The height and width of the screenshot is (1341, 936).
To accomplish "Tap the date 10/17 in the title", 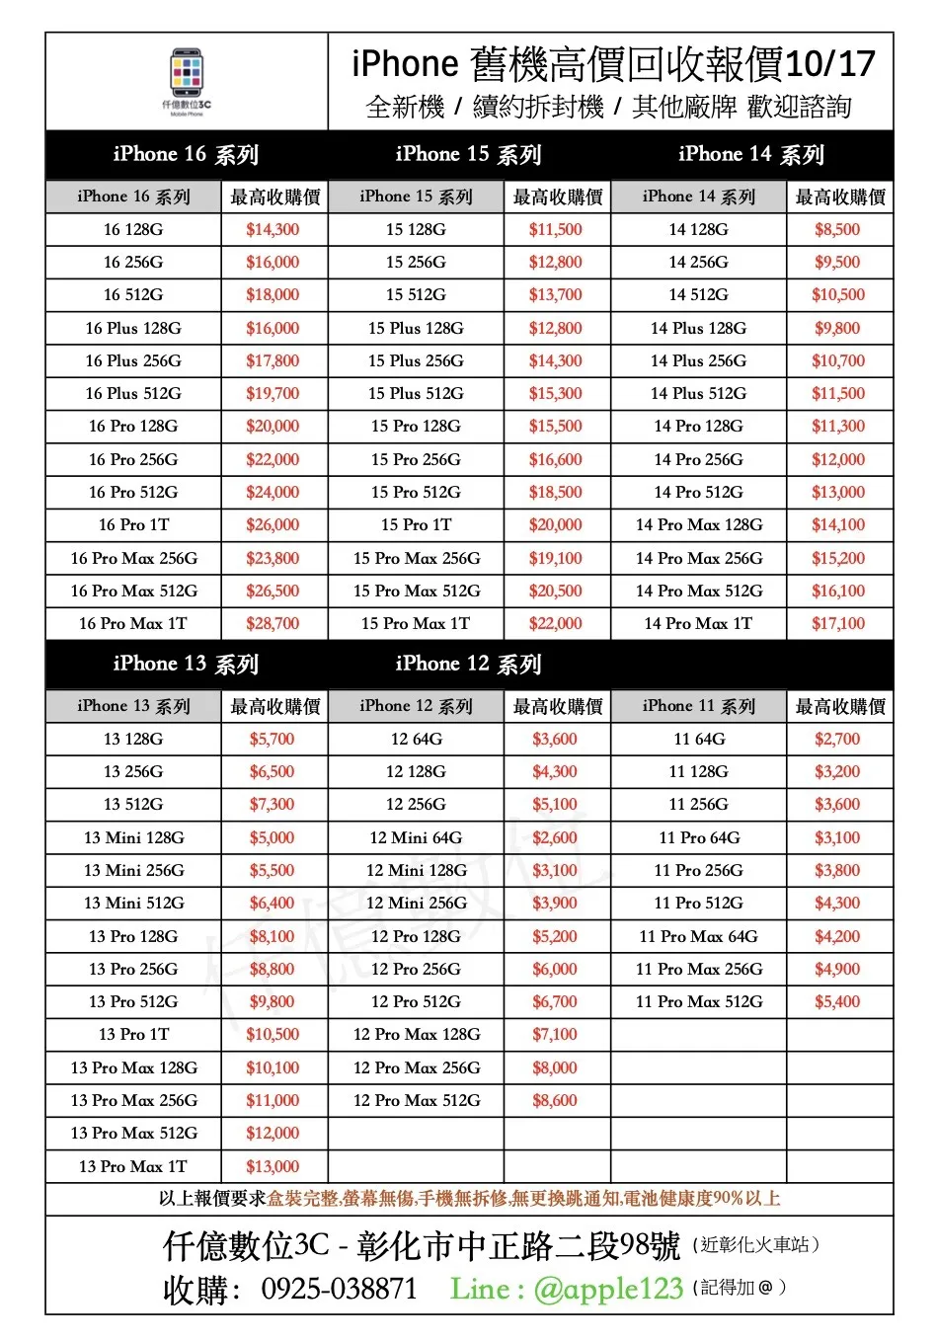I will point(830,65).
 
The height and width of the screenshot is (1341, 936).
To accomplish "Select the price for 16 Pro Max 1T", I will point(273,624).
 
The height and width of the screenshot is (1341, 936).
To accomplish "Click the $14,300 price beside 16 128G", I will point(273,230).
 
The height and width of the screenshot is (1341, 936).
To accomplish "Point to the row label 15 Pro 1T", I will point(416,525).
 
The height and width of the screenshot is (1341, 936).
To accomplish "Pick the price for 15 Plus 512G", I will point(555,394).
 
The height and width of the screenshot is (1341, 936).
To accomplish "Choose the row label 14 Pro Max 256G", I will point(699,559).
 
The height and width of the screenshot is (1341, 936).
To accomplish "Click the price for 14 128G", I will point(837,230).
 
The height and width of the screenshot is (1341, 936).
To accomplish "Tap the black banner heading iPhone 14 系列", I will point(751,155).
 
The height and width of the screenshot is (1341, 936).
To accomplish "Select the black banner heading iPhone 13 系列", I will point(186,665).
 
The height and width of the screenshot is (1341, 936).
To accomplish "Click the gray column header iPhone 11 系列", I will point(699,707).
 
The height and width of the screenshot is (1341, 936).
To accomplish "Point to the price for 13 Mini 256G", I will point(273,871).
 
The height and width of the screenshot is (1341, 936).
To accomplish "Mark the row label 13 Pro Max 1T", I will point(133,1167).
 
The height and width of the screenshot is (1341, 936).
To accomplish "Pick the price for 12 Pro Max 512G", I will point(555,1101).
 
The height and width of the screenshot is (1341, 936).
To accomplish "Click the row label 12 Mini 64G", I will point(416,838).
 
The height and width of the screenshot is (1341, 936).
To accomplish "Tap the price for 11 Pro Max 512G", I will point(837,1002).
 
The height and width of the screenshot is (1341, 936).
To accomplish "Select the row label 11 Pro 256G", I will point(699,871).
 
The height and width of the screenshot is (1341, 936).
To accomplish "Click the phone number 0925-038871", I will point(339,1289).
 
